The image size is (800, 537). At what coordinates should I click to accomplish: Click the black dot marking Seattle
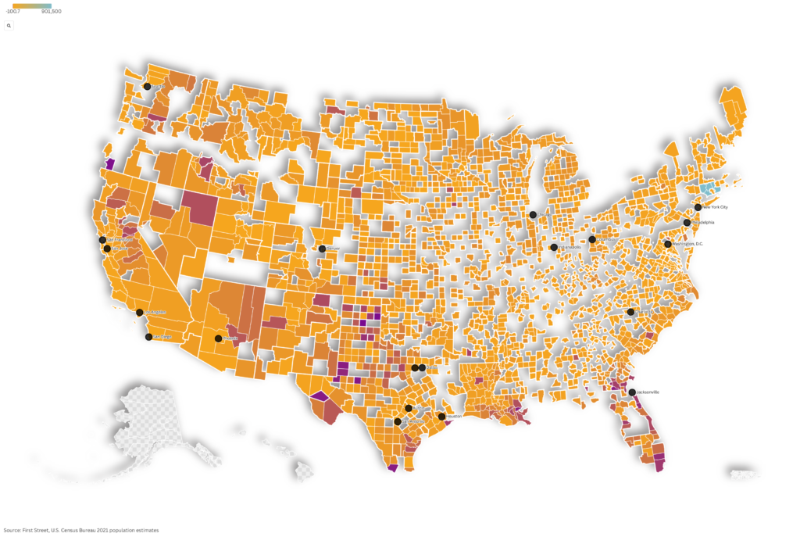pyautogui.click(x=147, y=87)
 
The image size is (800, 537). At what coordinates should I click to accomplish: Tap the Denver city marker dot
pyautogui.click(x=322, y=249)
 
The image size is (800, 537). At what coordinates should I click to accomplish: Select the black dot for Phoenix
pyautogui.click(x=218, y=338)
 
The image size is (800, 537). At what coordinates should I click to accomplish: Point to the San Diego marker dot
pyautogui.click(x=149, y=337)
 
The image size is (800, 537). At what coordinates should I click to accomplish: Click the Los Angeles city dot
pyautogui.click(x=140, y=313)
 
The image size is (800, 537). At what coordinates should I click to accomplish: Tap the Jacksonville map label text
pyautogui.click(x=648, y=392)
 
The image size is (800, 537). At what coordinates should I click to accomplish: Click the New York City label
pyautogui.click(x=715, y=207)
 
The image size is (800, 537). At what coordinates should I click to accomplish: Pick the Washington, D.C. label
pyautogui.click(x=688, y=244)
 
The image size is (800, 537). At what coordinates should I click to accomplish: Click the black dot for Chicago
pyautogui.click(x=533, y=214)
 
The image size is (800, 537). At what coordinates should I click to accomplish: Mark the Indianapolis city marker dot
pyautogui.click(x=554, y=247)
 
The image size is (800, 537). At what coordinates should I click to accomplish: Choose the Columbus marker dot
pyautogui.click(x=592, y=239)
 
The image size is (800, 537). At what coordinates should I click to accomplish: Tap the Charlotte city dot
pyautogui.click(x=630, y=312)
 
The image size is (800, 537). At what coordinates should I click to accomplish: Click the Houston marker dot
pyautogui.click(x=441, y=417)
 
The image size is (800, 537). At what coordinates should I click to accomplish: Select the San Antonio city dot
pyautogui.click(x=398, y=422)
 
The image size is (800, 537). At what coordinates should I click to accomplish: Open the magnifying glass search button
pyautogui.click(x=9, y=26)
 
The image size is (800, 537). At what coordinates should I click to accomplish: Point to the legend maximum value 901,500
pyautogui.click(x=52, y=12)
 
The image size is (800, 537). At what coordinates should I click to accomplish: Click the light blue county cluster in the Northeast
pyautogui.click(x=708, y=189)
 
